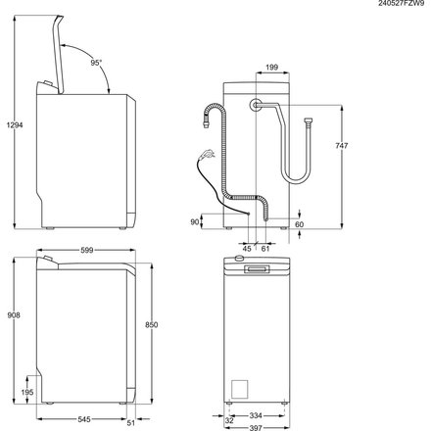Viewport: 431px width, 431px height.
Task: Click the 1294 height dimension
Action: tap(12, 124)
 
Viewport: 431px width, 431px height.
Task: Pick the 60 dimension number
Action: tap(301, 224)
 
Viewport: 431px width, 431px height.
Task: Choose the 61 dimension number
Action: tap(265, 247)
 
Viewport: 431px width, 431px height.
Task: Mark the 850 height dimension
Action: tap(149, 325)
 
